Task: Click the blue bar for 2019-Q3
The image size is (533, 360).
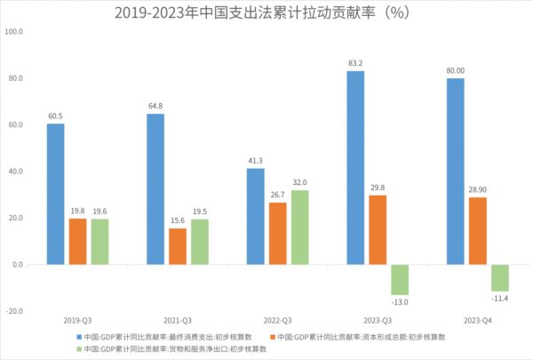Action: pyautogui.click(x=55, y=194)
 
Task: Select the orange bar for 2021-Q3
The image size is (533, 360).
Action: pyautogui.click(x=178, y=246)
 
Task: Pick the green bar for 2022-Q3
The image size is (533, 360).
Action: pyautogui.click(x=299, y=228)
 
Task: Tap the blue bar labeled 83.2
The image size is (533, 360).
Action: pyautogui.click(x=355, y=167)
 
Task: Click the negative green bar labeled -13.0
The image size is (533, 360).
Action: pyautogui.click(x=399, y=279)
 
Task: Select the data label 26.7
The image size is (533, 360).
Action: pyautogui.click(x=277, y=194)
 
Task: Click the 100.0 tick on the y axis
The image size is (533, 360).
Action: pyautogui.click(x=14, y=32)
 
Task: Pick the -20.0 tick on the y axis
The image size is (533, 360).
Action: pyautogui.click(x=14, y=311)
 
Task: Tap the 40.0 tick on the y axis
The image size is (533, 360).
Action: pyautogui.click(x=15, y=172)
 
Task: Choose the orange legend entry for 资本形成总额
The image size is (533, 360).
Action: pyautogui.click(x=363, y=337)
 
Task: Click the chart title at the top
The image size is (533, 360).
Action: pyautogui.click(x=266, y=12)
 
